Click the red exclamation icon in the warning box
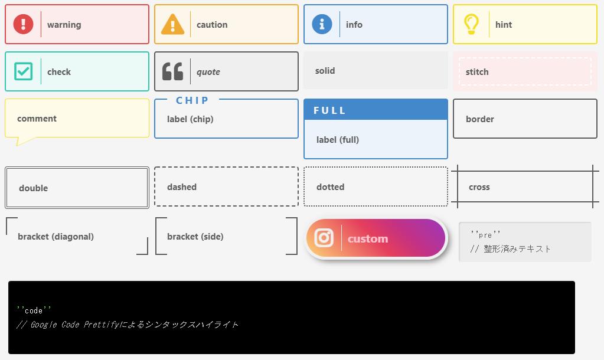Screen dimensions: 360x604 [x=24, y=24]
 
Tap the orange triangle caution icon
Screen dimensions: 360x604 [x=172, y=25]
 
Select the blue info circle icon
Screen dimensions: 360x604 [x=322, y=24]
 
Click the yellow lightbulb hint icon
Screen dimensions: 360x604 [x=471, y=24]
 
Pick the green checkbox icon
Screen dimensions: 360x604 [x=23, y=71]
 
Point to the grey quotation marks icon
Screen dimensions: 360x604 [x=172, y=71]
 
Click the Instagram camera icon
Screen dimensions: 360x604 [x=324, y=238]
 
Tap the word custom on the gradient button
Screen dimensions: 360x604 [x=368, y=238]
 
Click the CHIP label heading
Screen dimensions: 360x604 [x=192, y=100]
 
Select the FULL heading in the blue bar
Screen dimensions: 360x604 [x=329, y=110]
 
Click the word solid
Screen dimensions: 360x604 [x=325, y=71]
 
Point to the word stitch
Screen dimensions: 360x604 [x=477, y=72]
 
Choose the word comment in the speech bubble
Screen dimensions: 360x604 [x=37, y=119]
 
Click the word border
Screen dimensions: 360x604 [x=479, y=119]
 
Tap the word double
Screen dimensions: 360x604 [x=33, y=188]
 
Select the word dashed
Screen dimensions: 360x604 [x=182, y=187]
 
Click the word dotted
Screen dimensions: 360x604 [x=330, y=187]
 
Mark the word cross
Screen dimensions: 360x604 [x=479, y=187]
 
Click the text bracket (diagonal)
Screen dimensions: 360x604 [x=55, y=237]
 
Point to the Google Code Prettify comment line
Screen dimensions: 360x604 [x=128, y=325]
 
